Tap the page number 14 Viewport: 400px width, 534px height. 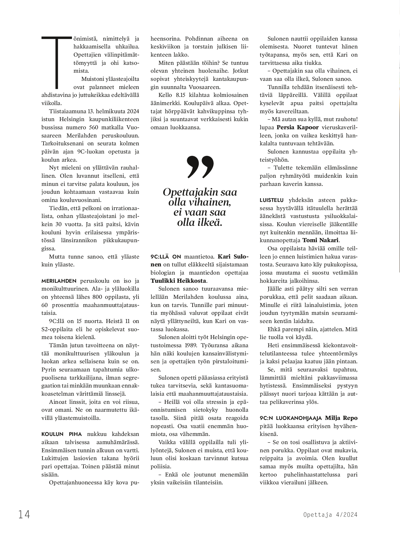[x=24, y=514]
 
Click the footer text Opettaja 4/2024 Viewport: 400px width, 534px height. [x=330, y=515]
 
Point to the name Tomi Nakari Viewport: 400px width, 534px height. [x=321, y=240]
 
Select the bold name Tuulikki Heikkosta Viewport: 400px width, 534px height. [x=178, y=281]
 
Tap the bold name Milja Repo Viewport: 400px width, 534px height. [x=341, y=418]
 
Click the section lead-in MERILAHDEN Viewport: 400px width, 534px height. [x=59, y=281]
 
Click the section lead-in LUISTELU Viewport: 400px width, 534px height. [x=272, y=200]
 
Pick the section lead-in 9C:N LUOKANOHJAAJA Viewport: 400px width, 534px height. [x=291, y=418]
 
